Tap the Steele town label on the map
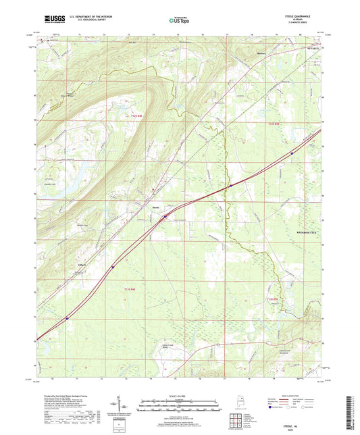click(x=155, y=207)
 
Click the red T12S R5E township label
click(x=272, y=124)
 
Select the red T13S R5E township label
click(x=272, y=297)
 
